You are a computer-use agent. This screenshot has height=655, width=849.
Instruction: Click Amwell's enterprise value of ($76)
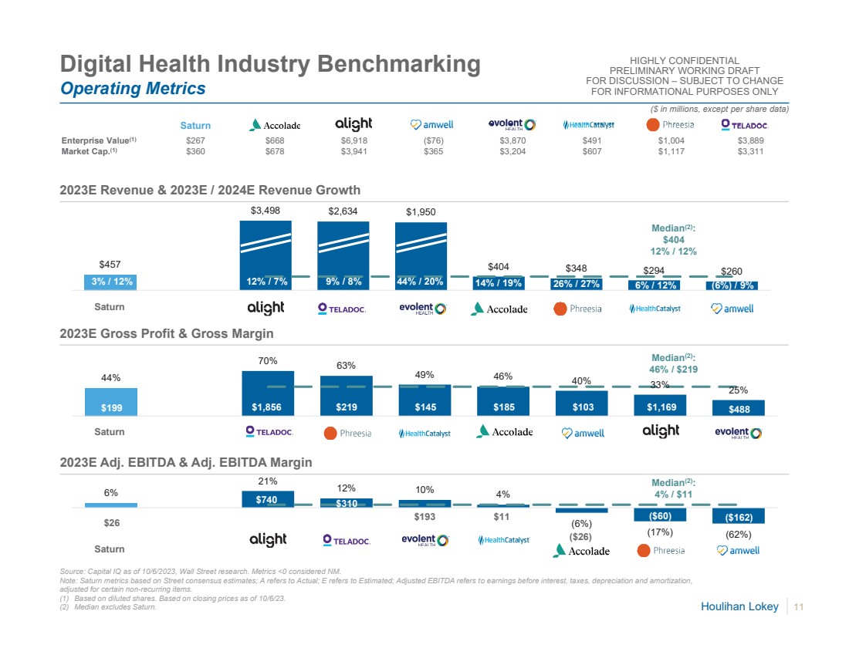click(x=432, y=141)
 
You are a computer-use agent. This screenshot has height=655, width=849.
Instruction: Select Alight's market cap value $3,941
click(x=353, y=152)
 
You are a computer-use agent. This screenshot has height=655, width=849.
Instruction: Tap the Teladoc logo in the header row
click(x=744, y=124)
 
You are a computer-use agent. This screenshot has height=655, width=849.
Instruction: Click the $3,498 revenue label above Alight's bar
click(x=266, y=210)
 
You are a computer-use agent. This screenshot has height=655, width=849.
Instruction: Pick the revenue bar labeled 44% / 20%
click(x=421, y=255)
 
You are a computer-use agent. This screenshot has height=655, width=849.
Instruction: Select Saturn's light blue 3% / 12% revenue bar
click(x=111, y=282)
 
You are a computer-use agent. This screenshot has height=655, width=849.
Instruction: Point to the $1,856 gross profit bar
click(x=267, y=393)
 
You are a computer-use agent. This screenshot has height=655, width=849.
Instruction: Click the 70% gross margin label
click(x=267, y=360)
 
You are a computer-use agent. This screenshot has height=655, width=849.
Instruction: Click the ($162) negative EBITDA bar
click(x=738, y=516)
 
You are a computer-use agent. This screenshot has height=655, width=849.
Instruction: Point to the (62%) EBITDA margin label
click(x=738, y=534)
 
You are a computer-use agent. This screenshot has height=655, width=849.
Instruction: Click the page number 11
click(x=799, y=607)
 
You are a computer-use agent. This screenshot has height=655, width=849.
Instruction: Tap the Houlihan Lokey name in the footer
click(x=739, y=607)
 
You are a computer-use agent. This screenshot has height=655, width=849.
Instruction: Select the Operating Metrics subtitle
click(x=133, y=89)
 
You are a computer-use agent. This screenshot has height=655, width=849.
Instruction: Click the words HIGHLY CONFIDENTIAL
click(x=685, y=61)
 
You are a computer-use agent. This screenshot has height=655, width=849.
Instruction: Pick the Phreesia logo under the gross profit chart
click(x=347, y=433)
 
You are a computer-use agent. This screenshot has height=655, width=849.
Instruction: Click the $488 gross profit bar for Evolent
click(x=738, y=407)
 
